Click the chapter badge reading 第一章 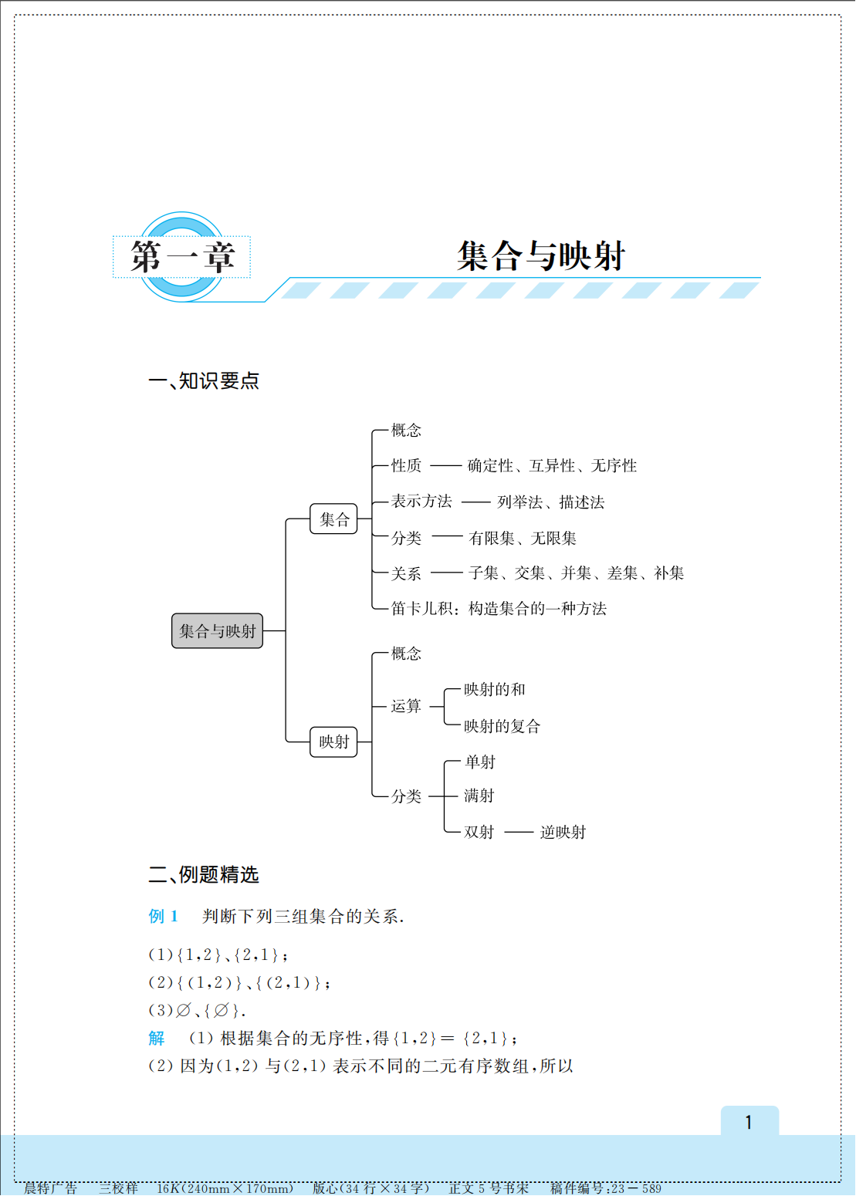click(182, 257)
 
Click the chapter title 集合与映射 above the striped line click(540, 256)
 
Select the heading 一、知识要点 click(204, 381)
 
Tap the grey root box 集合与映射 click(217, 631)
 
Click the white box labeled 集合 click(333, 519)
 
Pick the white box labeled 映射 click(333, 742)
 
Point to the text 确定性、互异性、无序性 click(552, 466)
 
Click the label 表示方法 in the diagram click(421, 502)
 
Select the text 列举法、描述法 click(550, 502)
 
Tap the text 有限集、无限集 click(523, 539)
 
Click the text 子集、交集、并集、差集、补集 click(576, 573)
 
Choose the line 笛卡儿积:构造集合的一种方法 click(499, 609)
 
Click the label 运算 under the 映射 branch click(406, 706)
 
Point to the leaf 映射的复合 click(502, 726)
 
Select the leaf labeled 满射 click(479, 796)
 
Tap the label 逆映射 click(563, 833)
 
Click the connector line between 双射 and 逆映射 click(519, 833)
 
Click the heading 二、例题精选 click(204, 875)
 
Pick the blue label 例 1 click(164, 917)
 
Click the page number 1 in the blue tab click(749, 1123)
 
